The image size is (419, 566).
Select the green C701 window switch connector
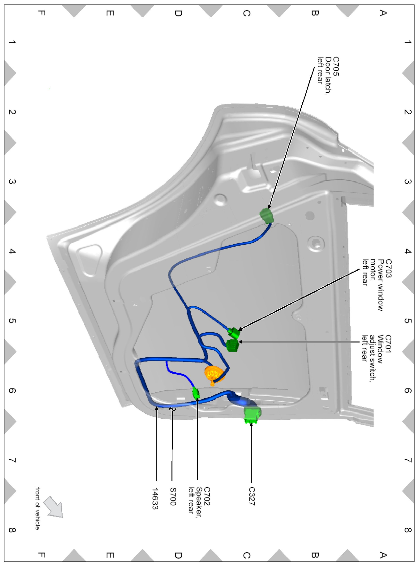[x=232, y=345]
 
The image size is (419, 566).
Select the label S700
[x=173, y=496]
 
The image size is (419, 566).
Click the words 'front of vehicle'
[x=37, y=508]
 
